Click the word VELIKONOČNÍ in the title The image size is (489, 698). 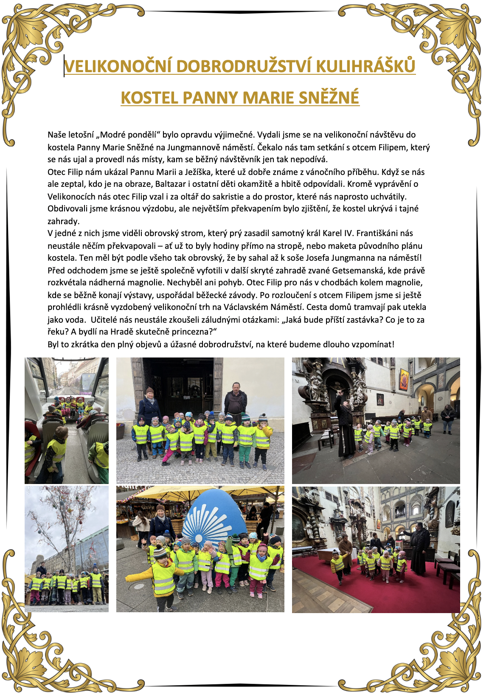pyautogui.click(x=118, y=66)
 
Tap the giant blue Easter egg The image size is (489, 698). pyautogui.click(x=214, y=514)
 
